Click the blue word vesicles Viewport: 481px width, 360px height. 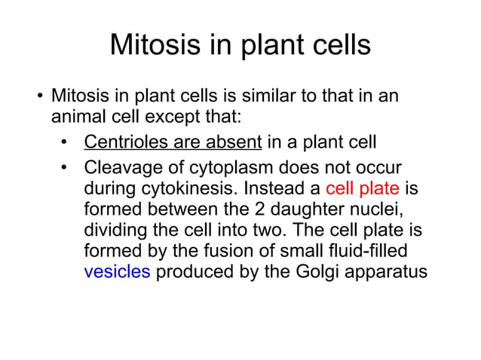[117, 272]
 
